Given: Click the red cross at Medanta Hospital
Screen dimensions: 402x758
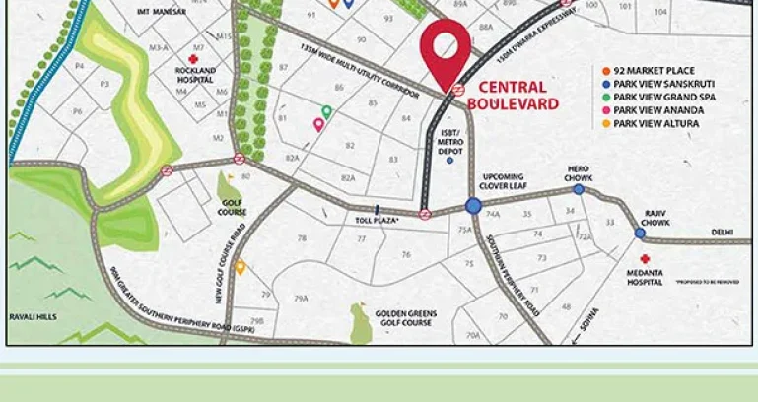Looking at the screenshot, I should coord(645,258).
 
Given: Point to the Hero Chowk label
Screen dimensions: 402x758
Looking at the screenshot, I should coord(578,172).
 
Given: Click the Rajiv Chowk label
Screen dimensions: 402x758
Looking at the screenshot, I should coord(656,219).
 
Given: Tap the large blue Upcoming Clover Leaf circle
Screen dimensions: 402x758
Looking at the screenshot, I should coord(473,206).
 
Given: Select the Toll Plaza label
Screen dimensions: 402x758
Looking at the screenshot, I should coord(377,221).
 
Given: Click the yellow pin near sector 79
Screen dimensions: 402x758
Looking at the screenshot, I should coord(240,266).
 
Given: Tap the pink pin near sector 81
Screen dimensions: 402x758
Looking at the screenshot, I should coord(318,124).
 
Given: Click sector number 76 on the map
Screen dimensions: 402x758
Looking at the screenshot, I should coord(405,255).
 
